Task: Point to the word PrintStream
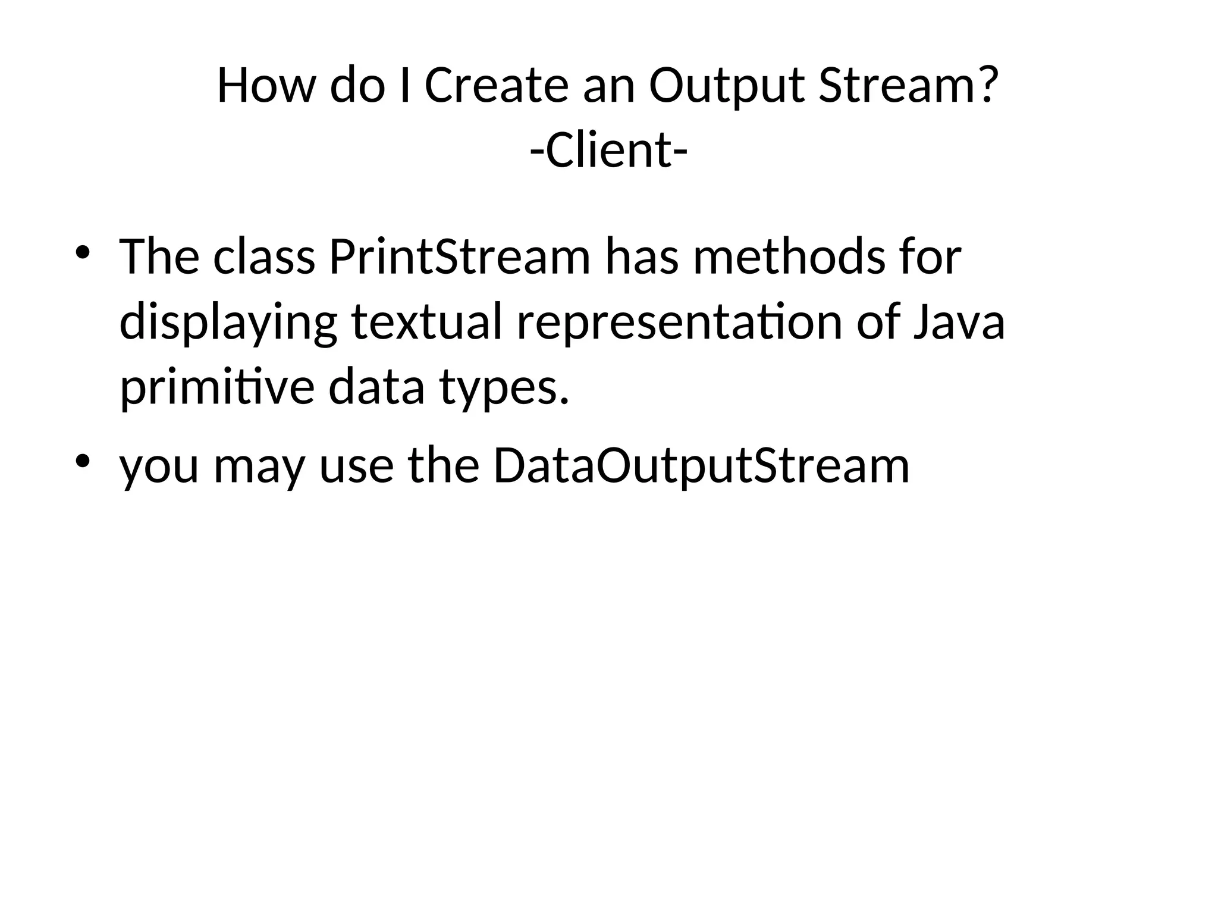point(460,257)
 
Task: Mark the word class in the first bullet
point(263,257)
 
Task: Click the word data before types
point(376,387)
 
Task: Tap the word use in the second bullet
point(356,466)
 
